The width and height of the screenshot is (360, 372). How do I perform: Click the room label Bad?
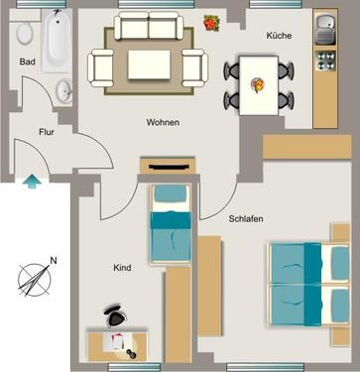[x=28, y=62]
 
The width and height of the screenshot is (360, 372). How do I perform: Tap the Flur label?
[x=46, y=131]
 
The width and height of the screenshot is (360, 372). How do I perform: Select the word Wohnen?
[x=162, y=123]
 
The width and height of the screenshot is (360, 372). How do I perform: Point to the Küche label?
[x=280, y=36]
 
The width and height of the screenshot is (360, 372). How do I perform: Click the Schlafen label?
[x=245, y=219]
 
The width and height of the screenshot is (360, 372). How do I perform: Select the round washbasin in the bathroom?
[x=64, y=92]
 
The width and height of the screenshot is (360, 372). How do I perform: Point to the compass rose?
[x=34, y=278]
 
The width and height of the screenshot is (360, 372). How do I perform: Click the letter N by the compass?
[x=54, y=260]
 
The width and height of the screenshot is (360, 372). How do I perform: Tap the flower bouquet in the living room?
[x=211, y=22]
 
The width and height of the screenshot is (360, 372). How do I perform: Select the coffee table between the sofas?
[x=150, y=65]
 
